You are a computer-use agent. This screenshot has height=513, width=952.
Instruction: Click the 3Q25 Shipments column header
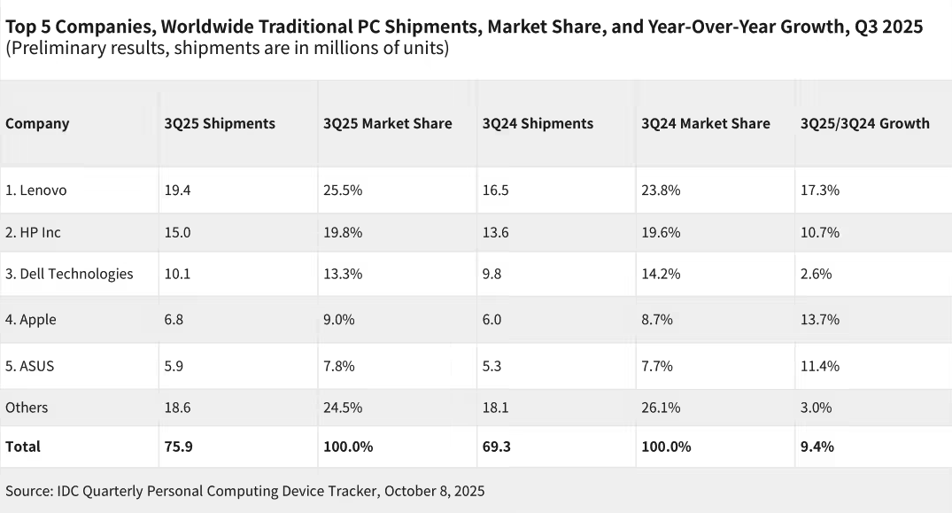[x=220, y=123]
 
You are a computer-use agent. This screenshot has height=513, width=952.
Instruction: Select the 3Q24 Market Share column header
[x=705, y=123]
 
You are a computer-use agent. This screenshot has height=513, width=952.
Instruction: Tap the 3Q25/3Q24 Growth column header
[x=864, y=123]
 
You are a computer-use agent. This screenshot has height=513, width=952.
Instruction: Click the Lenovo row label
[x=35, y=190]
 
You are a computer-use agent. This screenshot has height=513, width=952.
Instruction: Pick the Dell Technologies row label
[x=69, y=274]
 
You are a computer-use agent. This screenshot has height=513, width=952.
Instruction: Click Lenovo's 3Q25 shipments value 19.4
[x=176, y=190]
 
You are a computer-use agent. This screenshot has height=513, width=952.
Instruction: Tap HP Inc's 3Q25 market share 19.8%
[x=342, y=232]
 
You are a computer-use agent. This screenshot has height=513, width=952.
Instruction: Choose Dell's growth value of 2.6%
[x=816, y=274]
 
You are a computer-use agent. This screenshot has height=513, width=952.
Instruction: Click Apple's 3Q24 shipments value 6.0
[x=491, y=320]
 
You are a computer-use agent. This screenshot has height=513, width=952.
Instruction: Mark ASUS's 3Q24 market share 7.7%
[x=656, y=366]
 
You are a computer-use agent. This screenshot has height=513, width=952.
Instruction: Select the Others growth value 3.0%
[x=816, y=408]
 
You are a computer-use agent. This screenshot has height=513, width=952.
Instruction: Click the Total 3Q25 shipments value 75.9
[x=178, y=447]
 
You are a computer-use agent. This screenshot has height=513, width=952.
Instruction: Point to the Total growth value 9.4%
[x=817, y=447]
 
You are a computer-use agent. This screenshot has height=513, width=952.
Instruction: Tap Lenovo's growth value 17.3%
[x=819, y=190]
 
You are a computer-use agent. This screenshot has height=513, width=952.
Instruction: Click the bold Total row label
[x=23, y=447]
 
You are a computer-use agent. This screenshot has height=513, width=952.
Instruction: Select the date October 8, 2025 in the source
[x=434, y=491]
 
